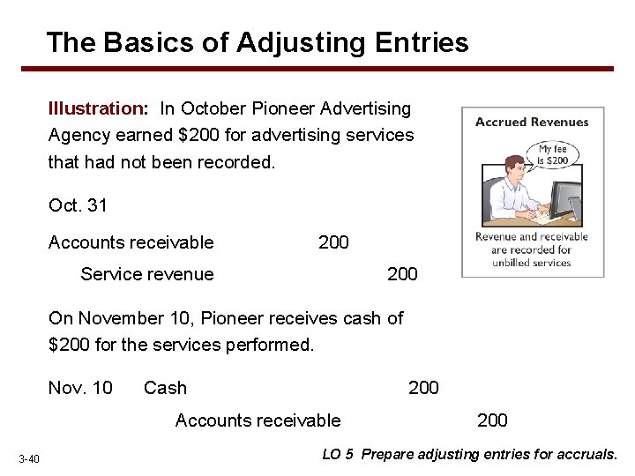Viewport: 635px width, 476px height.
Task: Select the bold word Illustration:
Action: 99,108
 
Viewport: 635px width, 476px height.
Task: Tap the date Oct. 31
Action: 78,205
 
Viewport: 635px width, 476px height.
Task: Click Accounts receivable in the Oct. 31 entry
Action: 131,242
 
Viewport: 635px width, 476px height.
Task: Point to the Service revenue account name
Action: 146,274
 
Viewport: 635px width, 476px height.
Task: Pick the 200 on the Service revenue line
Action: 402,274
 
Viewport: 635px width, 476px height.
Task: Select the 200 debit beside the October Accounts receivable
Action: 333,242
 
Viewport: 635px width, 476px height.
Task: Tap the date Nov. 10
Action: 80,388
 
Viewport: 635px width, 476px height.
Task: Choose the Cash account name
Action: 165,388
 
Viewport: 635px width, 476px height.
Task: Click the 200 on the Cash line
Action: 423,388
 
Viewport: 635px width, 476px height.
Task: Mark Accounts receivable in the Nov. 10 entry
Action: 258,420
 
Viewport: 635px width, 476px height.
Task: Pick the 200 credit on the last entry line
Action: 492,420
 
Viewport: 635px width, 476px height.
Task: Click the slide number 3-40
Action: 29,457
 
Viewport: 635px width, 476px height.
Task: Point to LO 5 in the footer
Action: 338,455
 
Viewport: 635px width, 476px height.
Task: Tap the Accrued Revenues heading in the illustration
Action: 532,123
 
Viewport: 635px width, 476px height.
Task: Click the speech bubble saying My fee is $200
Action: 553,155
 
